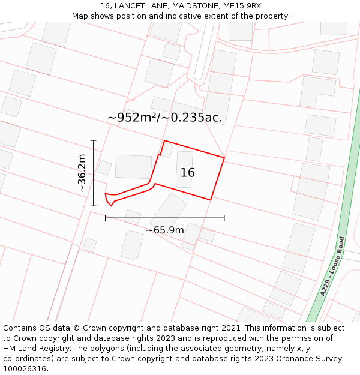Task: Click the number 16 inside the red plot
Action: pos(188,173)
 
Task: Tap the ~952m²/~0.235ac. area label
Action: pos(165,118)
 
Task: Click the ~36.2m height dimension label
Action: pos(82,173)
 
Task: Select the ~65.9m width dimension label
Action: pos(165,230)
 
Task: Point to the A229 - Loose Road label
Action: pos(332,266)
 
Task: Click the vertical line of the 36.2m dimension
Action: pos(94,173)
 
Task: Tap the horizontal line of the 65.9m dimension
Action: pos(165,218)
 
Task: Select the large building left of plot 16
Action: pos(133,166)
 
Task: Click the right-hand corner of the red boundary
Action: pos(224,158)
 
